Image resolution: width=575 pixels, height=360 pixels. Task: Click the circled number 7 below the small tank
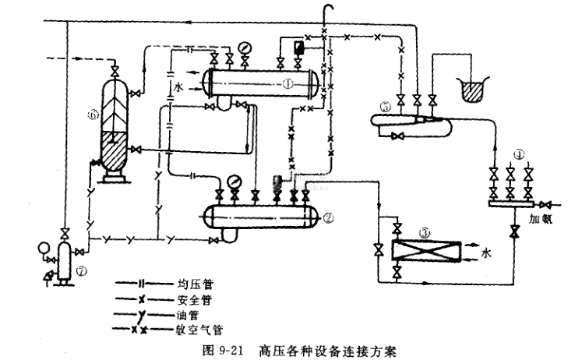click(83, 270)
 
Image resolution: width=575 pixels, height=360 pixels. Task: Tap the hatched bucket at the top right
click(473, 90)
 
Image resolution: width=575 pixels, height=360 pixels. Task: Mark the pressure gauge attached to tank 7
click(34, 251)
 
